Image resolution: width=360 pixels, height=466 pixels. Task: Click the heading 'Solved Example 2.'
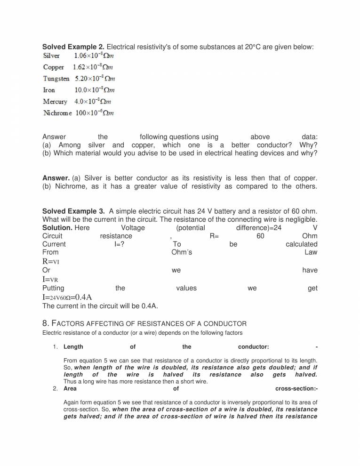73,47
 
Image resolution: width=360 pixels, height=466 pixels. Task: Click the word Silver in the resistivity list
51,56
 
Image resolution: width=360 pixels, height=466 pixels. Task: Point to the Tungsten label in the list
56,79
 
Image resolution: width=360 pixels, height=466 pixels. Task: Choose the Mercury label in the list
55,102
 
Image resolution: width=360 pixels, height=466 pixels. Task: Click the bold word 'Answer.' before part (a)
56,178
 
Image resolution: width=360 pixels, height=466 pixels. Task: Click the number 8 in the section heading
45,323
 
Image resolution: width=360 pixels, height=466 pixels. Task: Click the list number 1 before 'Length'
55,347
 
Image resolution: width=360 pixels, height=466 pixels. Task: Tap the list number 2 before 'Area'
55,389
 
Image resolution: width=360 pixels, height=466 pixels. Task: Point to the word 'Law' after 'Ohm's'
311,252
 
